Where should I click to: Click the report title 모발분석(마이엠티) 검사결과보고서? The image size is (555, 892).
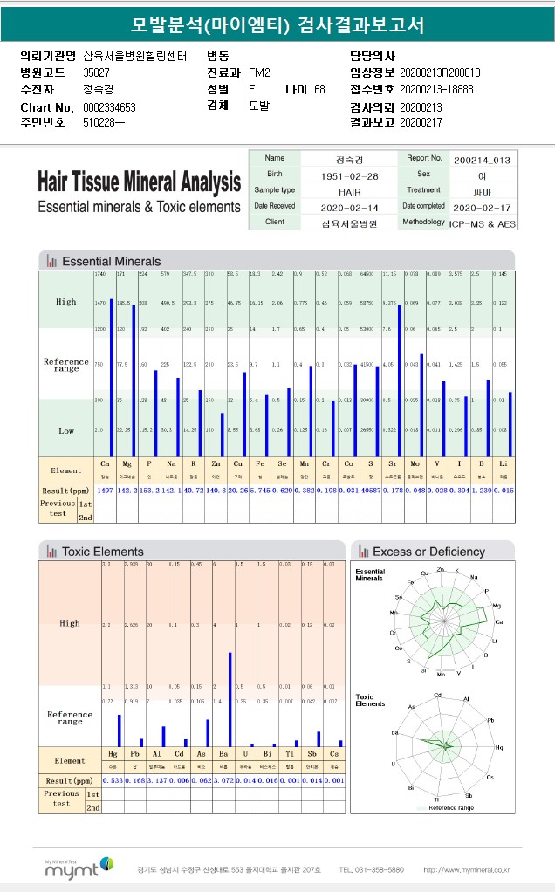(277, 25)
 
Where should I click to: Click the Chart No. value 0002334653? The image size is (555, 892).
(110, 106)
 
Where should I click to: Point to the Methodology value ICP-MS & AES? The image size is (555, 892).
(483, 223)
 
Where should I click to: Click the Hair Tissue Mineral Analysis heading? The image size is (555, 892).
(139, 182)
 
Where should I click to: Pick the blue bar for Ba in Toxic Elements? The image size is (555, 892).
(230, 698)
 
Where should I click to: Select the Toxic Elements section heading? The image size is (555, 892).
(103, 552)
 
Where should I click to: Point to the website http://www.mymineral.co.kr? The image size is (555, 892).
(466, 870)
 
